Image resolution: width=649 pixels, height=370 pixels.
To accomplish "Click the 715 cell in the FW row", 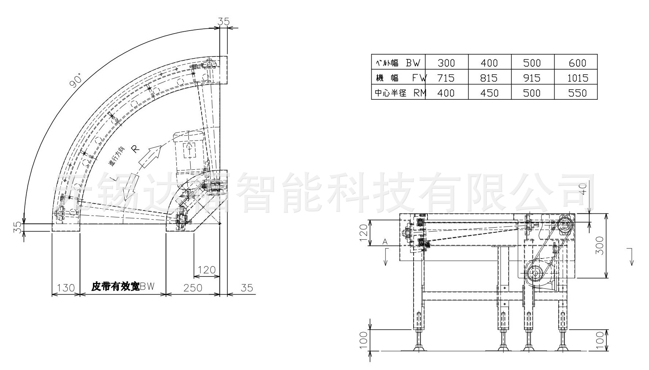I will coord(446,78).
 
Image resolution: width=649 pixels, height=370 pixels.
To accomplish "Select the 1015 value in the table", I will coord(578,78).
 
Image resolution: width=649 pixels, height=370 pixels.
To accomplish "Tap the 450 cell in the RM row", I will coord(489,93).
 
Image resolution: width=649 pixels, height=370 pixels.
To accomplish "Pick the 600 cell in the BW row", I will coord(577,63).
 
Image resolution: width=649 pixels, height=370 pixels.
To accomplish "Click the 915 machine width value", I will coord(532,78).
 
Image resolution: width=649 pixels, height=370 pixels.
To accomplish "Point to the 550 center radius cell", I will coord(578,93).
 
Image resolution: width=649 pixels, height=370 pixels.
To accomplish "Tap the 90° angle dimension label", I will coord(76,80).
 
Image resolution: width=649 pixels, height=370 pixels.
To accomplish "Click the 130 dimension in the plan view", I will coord(66,288).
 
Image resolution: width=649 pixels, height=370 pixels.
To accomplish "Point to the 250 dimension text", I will coord(193,288).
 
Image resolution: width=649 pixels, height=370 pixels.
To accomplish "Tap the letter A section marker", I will coord(385,241).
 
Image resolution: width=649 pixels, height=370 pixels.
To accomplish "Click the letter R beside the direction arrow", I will coord(135,149).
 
